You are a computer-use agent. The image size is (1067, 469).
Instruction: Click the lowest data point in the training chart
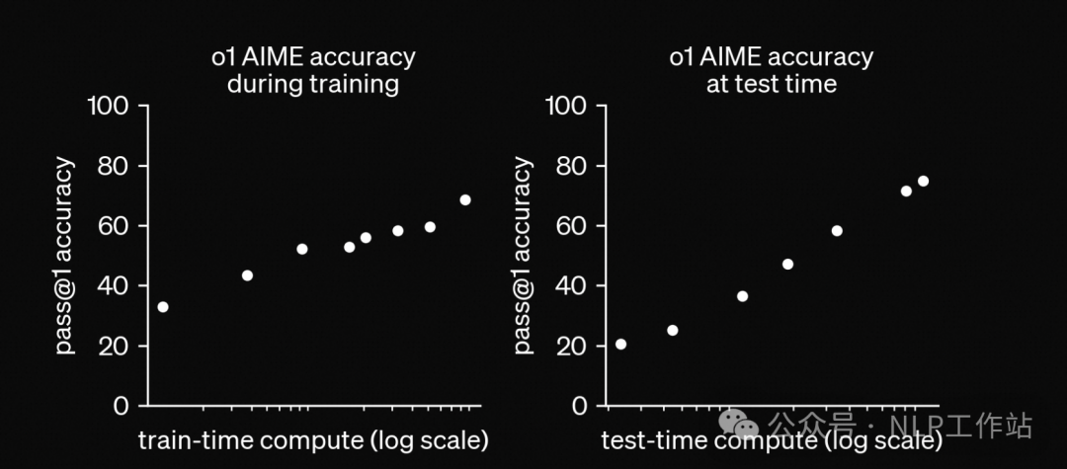tap(163, 307)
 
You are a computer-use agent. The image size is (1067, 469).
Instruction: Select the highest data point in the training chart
tap(465, 199)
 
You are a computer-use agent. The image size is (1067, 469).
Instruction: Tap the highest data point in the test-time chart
tap(923, 181)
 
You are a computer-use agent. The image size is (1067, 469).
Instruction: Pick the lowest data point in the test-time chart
tap(620, 344)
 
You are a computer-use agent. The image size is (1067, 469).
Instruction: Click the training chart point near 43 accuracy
tap(247, 275)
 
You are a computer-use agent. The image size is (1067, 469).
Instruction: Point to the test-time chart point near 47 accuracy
tap(787, 264)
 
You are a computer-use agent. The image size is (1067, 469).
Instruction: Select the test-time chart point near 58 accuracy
tap(837, 231)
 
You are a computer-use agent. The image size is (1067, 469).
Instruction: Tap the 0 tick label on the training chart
tap(121, 406)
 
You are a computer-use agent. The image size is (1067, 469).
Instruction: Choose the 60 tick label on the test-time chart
tap(576, 226)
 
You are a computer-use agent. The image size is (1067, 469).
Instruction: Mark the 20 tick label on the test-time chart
tap(576, 346)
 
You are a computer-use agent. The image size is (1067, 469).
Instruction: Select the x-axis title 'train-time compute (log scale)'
tap(313, 439)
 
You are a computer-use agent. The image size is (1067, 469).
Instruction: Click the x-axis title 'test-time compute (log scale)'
tap(772, 439)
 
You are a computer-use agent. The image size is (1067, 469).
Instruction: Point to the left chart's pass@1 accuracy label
tap(65, 256)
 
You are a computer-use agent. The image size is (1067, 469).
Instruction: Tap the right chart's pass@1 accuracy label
tap(524, 256)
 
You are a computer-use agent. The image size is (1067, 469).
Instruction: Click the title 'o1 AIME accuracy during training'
tap(313, 69)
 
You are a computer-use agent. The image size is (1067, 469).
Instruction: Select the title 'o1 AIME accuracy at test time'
tap(772, 69)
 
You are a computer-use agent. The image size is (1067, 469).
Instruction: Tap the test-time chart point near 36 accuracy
tap(742, 296)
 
